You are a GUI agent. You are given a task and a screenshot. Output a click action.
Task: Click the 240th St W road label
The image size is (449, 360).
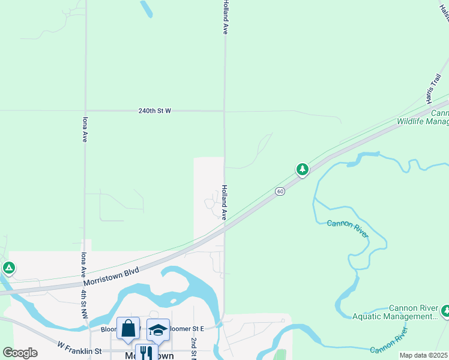point(154,111)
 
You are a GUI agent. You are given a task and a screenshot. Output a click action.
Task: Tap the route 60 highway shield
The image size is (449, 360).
point(280,191)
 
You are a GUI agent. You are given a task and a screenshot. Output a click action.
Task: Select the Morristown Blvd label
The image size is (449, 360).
point(111,276)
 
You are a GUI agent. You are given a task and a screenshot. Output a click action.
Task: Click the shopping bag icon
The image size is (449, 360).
point(128,328)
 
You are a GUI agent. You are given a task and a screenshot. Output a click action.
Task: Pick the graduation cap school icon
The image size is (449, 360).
point(158,329)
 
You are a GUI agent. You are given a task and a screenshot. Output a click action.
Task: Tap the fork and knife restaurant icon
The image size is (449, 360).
point(146,353)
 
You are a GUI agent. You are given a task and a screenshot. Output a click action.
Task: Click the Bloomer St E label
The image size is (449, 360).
point(186,329)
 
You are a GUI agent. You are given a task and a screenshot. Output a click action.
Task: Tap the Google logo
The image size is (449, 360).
point(20,353)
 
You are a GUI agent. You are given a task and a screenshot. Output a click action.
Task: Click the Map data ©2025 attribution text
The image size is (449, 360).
point(424,355)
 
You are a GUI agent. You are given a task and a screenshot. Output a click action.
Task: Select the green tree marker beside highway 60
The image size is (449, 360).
point(303,169)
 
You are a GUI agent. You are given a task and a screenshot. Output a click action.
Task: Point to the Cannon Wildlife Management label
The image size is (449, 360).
point(423,117)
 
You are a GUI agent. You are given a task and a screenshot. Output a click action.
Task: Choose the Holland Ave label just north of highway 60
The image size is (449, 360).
point(225,202)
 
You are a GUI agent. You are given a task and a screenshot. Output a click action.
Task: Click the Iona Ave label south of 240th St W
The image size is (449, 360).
point(85,129)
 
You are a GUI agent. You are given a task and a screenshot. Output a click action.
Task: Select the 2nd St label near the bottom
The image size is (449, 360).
point(194,348)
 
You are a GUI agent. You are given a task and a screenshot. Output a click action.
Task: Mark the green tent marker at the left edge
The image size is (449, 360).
point(8,267)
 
